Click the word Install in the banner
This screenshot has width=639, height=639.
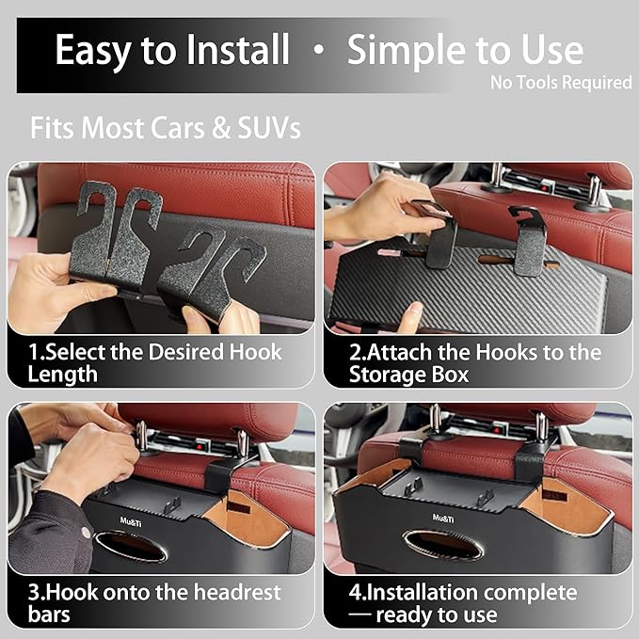pyautogui.click(x=237, y=49)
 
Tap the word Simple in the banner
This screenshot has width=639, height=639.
pyautogui.click(x=406, y=51)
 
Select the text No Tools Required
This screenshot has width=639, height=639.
pyautogui.click(x=561, y=82)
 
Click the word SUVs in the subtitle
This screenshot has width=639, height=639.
pyautogui.click(x=269, y=128)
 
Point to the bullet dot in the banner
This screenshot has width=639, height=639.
pyautogui.click(x=319, y=50)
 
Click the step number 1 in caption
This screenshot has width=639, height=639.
pyautogui.click(x=34, y=352)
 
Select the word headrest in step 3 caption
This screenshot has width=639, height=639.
pyautogui.click(x=237, y=592)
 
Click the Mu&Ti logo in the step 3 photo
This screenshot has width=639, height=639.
pyautogui.click(x=131, y=521)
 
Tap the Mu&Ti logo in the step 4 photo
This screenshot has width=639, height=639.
pyautogui.click(x=443, y=518)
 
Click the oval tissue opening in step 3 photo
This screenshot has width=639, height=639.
pyautogui.click(x=131, y=546)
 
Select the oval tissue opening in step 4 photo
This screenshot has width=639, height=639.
pyautogui.click(x=443, y=545)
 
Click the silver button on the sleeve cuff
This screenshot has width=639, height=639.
pyautogui.click(x=86, y=532)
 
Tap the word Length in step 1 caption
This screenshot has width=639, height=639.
pyautogui.click(x=63, y=375)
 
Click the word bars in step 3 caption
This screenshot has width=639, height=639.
pyautogui.click(x=49, y=615)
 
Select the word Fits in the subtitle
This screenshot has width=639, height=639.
pyautogui.click(x=53, y=128)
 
